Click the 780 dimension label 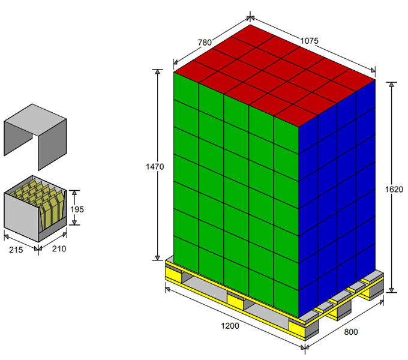[x=205, y=42]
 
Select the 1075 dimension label [x=309, y=41]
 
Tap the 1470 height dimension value [x=155, y=166]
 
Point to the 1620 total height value [x=394, y=190]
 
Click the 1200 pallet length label [x=230, y=326]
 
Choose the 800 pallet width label [x=351, y=332]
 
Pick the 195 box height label [x=77, y=209]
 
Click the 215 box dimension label [x=16, y=250]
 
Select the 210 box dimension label [x=59, y=248]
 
